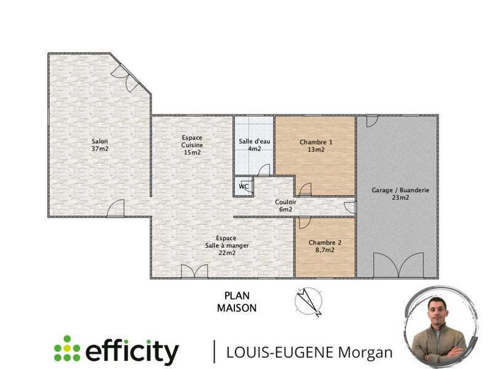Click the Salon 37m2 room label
(x=101, y=143)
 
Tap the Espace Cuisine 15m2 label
(x=192, y=145)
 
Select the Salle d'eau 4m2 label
(x=254, y=145)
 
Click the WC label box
(x=244, y=186)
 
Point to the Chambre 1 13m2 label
(x=315, y=145)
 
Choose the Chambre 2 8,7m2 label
(x=321, y=246)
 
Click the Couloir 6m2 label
(x=286, y=205)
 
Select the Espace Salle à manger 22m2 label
(x=228, y=245)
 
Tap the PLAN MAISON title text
(x=236, y=303)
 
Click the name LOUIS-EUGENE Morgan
(x=309, y=352)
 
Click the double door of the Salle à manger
(x=194, y=271)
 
